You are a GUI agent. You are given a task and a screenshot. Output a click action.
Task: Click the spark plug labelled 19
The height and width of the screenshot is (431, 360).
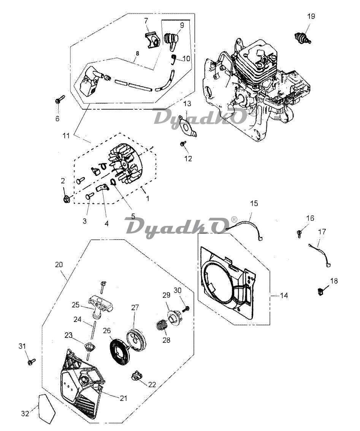(302, 38)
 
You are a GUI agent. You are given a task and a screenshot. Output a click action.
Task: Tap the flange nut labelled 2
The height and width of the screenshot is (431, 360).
(66, 199)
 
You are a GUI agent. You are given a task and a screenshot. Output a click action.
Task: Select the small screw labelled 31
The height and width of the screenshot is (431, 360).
(32, 362)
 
